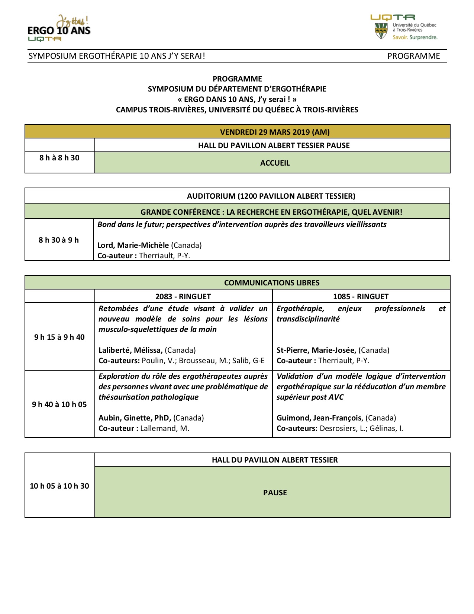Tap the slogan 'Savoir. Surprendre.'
pyautogui.click(x=415, y=37)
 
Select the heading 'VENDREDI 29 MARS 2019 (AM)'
pyautogui.click(x=275, y=132)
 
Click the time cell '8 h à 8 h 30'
pyautogui.click(x=59, y=158)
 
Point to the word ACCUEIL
pyautogui.click(x=275, y=163)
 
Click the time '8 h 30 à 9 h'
pyautogui.click(x=59, y=240)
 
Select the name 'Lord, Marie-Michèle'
pyautogui.click(x=133, y=245)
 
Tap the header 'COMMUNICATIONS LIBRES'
pyautogui.click(x=272, y=283)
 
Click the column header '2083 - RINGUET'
pyautogui.click(x=183, y=297)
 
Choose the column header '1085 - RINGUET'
pyautogui.click(x=361, y=297)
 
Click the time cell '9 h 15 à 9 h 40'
pyautogui.click(x=59, y=337)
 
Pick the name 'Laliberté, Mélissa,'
pyautogui.click(x=130, y=350)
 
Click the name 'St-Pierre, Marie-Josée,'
pyautogui.click(x=316, y=350)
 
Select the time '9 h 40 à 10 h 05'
pyautogui.click(x=59, y=404)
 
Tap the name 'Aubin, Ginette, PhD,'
pyautogui.click(x=135, y=418)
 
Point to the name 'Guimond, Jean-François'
pyautogui.click(x=319, y=418)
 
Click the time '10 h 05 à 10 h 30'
pyautogui.click(x=59, y=486)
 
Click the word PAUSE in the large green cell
pyautogui.click(x=275, y=493)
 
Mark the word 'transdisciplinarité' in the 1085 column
pyautogui.click(x=308, y=319)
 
